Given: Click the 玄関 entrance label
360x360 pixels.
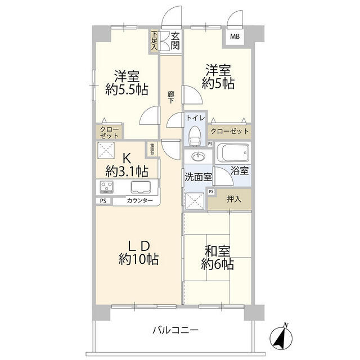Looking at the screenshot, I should click(175, 40).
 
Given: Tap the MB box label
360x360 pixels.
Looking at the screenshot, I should click(233, 37).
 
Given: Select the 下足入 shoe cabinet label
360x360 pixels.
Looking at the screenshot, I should click(154, 40).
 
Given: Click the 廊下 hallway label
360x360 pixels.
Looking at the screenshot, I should click(170, 97).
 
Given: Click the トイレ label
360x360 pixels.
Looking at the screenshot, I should click(195, 119).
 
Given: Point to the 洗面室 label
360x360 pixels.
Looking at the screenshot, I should click(198, 176).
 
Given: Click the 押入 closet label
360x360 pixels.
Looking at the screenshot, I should click(232, 199).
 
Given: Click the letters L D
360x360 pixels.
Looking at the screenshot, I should click(137, 245).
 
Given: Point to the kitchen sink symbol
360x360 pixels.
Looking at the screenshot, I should click(139, 187).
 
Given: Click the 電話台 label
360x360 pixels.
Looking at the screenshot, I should click(152, 148).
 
